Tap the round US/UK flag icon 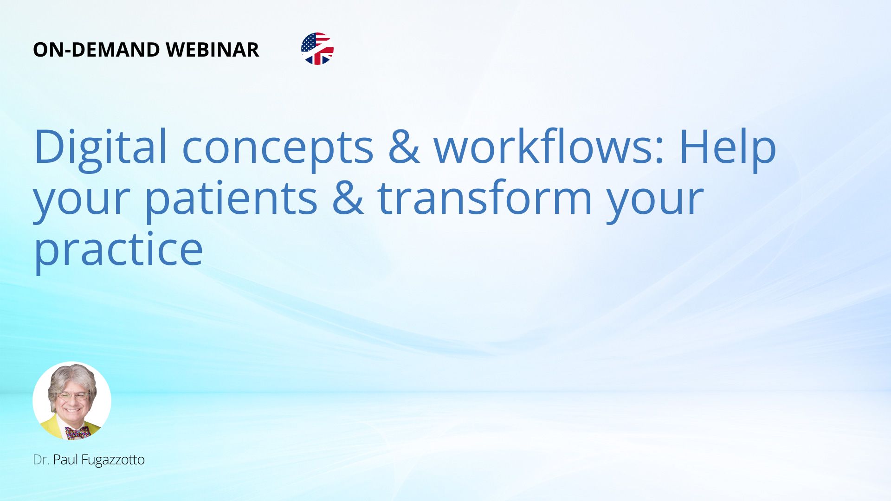click(317, 49)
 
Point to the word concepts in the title click(278, 151)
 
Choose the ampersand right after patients click(348, 198)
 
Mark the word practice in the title click(118, 250)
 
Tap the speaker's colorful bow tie click(77, 433)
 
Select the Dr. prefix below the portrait click(41, 460)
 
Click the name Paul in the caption click(65, 460)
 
